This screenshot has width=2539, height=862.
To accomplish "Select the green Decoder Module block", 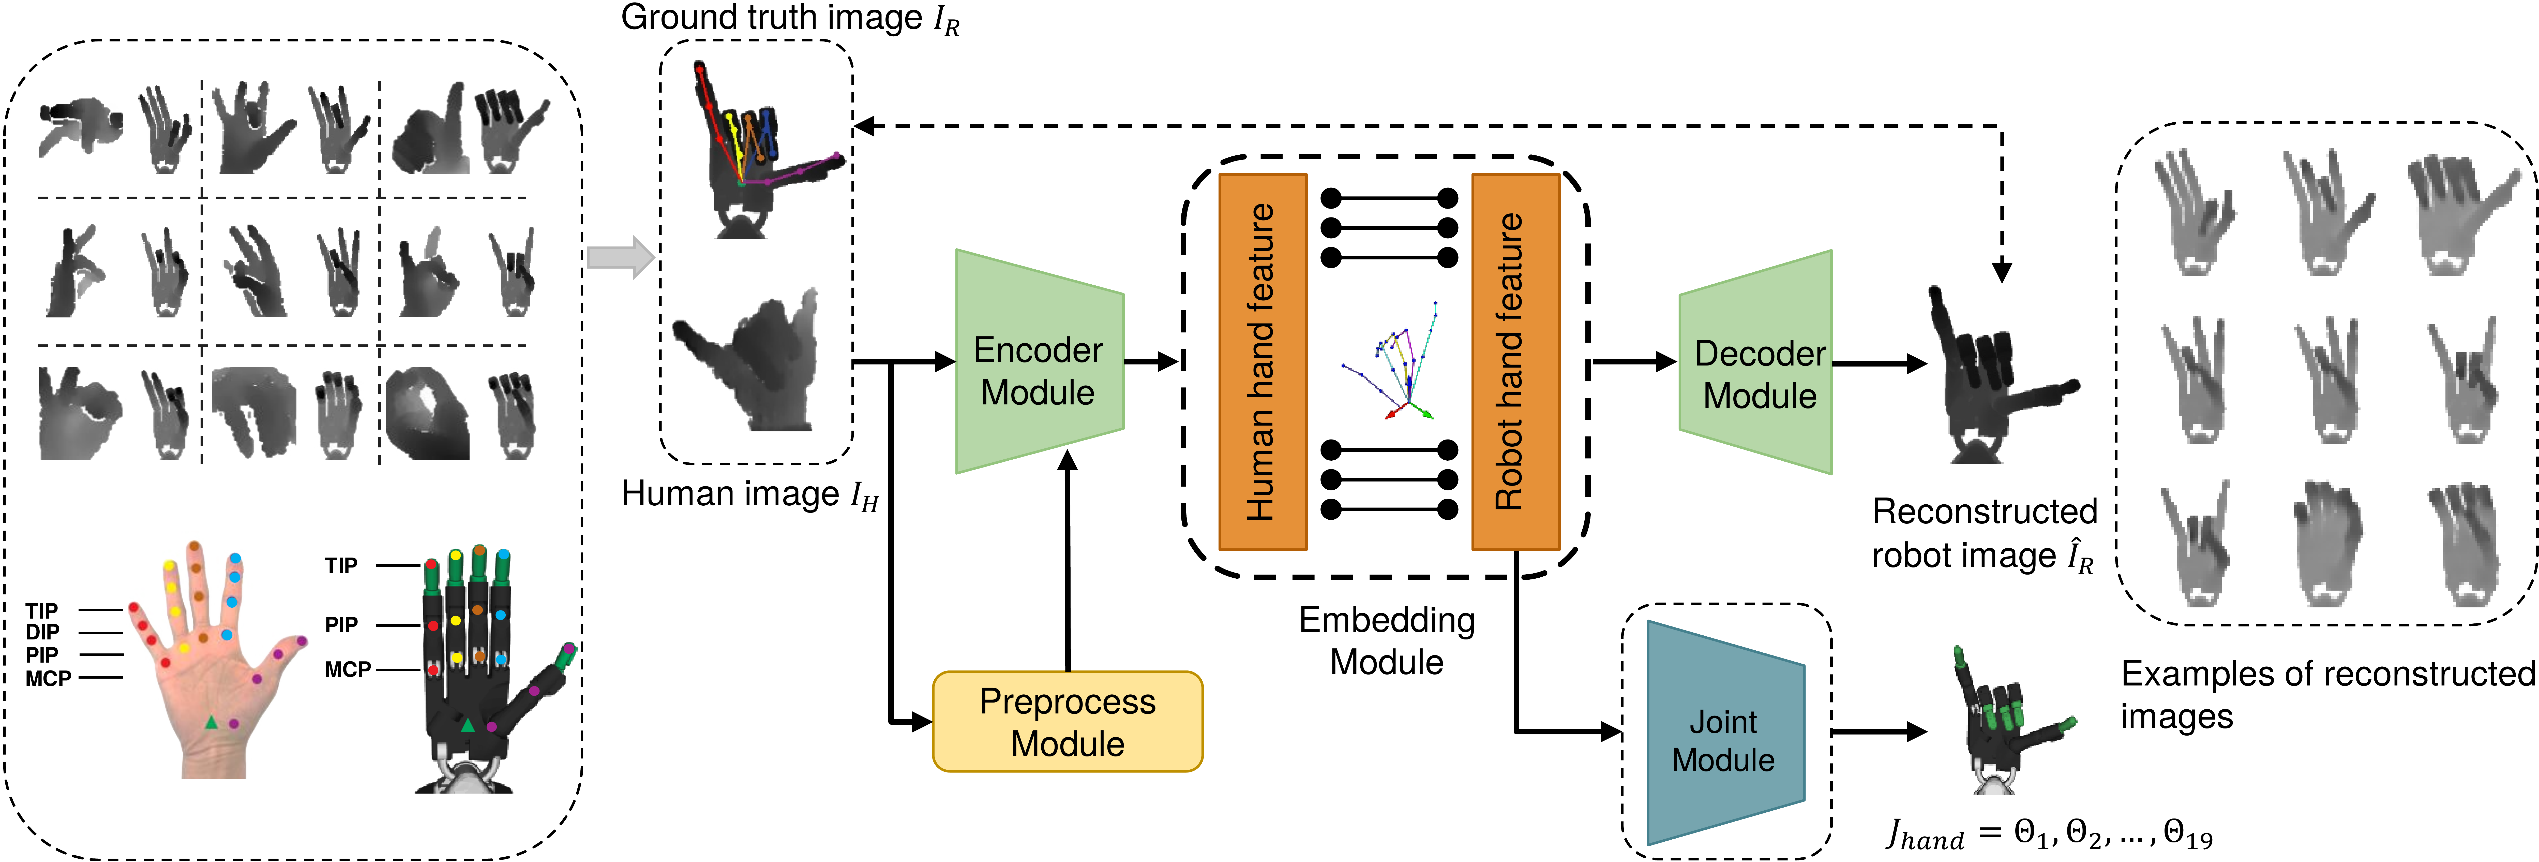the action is (x=1755, y=362).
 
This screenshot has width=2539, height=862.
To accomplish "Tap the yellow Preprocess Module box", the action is (x=1068, y=721).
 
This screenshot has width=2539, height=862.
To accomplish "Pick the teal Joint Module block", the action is (x=1725, y=732).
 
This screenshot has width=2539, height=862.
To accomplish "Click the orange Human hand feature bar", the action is (x=1263, y=362).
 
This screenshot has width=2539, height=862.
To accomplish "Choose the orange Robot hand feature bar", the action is (x=1515, y=362).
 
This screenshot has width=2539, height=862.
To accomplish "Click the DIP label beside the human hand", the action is (x=42, y=632).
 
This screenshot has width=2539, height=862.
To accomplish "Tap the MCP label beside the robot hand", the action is (x=348, y=670).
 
